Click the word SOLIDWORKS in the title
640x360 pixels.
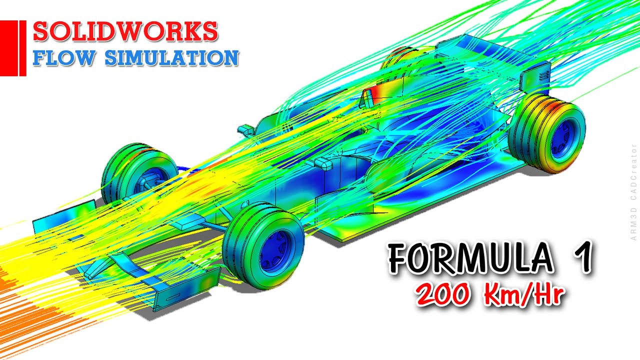pos(125,32)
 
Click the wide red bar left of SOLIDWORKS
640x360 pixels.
pos(8,48)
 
